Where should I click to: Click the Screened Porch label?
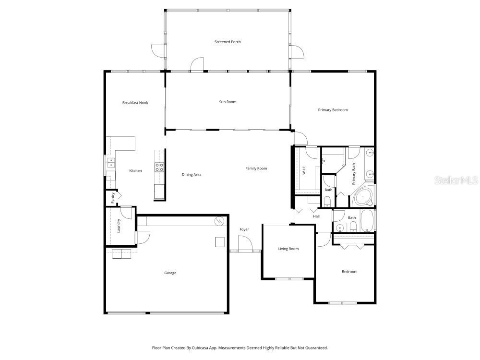pyautogui.click(x=228, y=42)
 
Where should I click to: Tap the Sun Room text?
pyautogui.click(x=228, y=102)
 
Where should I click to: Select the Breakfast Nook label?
pyautogui.click(x=135, y=103)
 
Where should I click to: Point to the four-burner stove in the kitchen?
pyautogui.click(x=159, y=167)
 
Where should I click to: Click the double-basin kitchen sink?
pyautogui.click(x=110, y=163)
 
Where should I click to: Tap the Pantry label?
pyautogui.click(x=113, y=198)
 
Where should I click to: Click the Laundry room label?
pyautogui.click(x=119, y=226)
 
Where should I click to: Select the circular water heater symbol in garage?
pyautogui.click(x=219, y=221)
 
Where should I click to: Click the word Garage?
pyautogui.click(x=170, y=273)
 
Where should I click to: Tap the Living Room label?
pyautogui.click(x=288, y=249)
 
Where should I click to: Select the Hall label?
pyautogui.click(x=316, y=216)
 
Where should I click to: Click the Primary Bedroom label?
pyautogui.click(x=333, y=110)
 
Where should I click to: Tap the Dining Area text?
pyautogui.click(x=191, y=175)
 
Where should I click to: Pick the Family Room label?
pyautogui.click(x=256, y=168)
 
